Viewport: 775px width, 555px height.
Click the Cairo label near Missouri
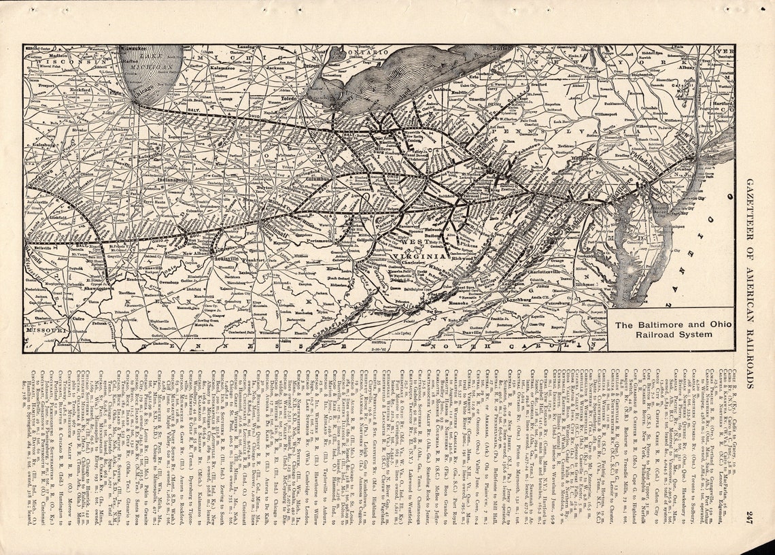click(x=78, y=317)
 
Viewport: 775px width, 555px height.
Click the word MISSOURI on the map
click(x=48, y=329)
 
